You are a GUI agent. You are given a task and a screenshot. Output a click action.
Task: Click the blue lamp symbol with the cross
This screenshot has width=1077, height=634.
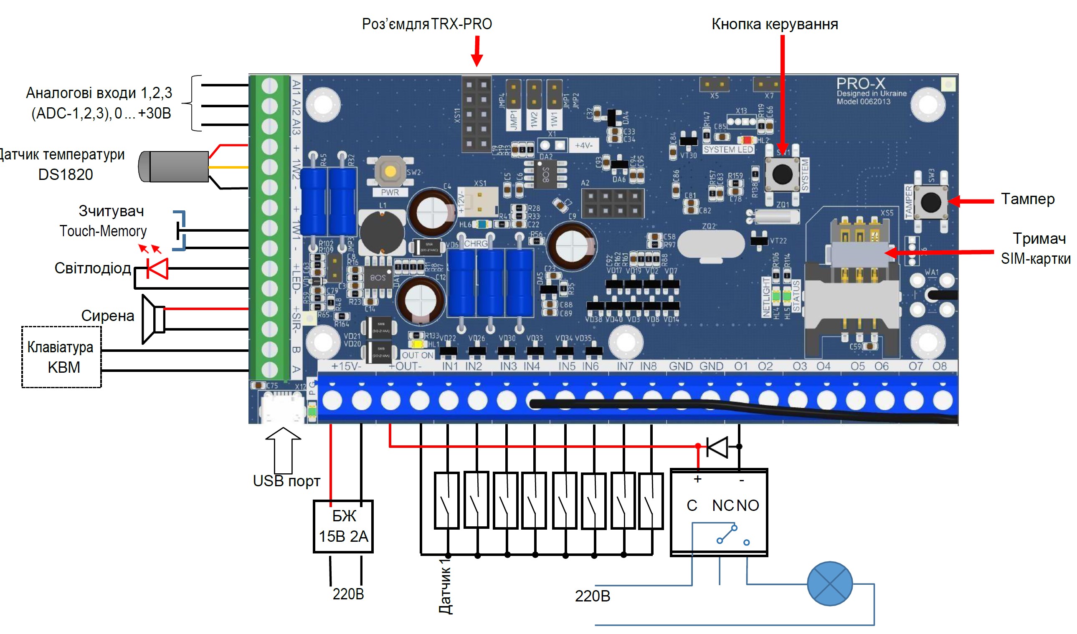pos(829,583)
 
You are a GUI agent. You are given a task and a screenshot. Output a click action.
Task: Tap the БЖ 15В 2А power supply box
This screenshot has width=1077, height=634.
pos(343,526)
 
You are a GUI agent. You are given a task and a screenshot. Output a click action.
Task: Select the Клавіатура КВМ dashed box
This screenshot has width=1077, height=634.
pos(61,357)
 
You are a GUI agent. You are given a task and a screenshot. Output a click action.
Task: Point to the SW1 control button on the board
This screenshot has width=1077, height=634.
pos(782,174)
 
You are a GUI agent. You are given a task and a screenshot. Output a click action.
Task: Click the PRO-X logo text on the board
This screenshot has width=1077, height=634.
pos(860,83)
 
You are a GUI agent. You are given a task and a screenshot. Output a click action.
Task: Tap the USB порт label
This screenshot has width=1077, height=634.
pos(286,481)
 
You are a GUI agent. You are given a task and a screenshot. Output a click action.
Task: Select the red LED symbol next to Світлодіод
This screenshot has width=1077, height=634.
pos(157,268)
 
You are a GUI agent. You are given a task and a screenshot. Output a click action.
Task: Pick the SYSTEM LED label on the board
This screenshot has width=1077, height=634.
pos(728,149)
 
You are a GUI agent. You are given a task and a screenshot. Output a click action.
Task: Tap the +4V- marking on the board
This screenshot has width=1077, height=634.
pos(583,145)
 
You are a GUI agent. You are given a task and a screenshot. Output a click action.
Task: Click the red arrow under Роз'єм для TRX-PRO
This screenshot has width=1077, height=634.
pos(477,51)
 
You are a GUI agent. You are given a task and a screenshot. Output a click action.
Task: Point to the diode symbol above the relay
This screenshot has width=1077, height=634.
pos(718,447)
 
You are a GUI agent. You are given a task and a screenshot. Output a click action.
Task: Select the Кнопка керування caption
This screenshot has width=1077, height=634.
pos(774,24)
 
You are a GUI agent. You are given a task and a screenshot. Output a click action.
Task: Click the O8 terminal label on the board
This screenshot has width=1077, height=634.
pos(939,366)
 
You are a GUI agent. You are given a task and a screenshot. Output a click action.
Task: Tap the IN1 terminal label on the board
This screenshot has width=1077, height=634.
pos(450,366)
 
